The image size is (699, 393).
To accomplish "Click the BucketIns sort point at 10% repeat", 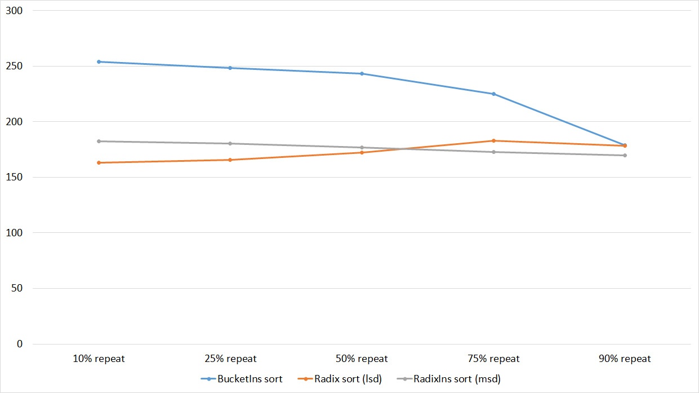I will click(x=99, y=61).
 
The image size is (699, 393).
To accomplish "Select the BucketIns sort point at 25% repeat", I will click(x=230, y=68).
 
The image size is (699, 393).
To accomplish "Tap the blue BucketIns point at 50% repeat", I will click(x=362, y=73).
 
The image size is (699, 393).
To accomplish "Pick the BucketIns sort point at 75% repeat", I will click(x=493, y=94).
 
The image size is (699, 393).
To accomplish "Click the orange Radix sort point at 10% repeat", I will click(x=99, y=162).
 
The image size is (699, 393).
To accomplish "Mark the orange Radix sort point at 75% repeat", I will click(x=493, y=140).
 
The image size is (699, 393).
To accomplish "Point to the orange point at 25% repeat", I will click(x=230, y=160).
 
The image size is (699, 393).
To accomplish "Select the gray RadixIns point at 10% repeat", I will click(x=99, y=141).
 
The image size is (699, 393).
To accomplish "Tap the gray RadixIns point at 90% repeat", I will click(x=625, y=155).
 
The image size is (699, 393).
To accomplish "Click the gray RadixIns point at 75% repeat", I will click(x=493, y=152).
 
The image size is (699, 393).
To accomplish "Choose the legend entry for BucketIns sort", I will click(x=242, y=379).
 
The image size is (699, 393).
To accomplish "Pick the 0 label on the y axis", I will click(x=20, y=344).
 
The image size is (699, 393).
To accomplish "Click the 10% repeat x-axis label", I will click(x=99, y=359).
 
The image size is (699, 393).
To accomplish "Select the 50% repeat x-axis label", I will click(x=362, y=359).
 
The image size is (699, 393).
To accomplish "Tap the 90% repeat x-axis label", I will click(x=625, y=359).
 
